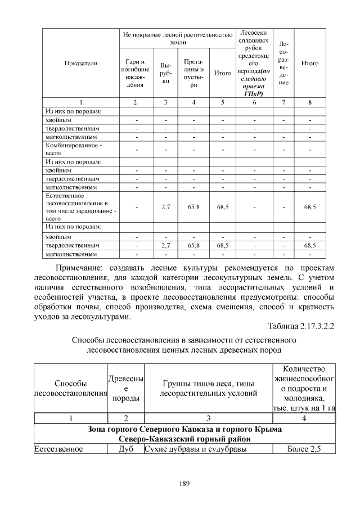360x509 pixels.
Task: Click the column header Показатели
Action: tap(81, 64)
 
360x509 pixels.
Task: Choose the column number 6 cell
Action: tap(254, 102)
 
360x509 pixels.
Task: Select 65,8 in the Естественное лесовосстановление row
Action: tap(193, 207)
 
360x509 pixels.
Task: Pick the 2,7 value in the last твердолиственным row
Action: tap(165, 246)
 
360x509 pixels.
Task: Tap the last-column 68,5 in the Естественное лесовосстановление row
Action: tap(310, 207)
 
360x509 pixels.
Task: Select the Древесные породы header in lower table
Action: tap(126, 388)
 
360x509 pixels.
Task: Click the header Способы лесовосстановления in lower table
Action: tap(70, 388)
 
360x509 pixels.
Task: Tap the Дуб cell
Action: tap(126, 449)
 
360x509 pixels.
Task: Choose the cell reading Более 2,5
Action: tap(303, 449)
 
